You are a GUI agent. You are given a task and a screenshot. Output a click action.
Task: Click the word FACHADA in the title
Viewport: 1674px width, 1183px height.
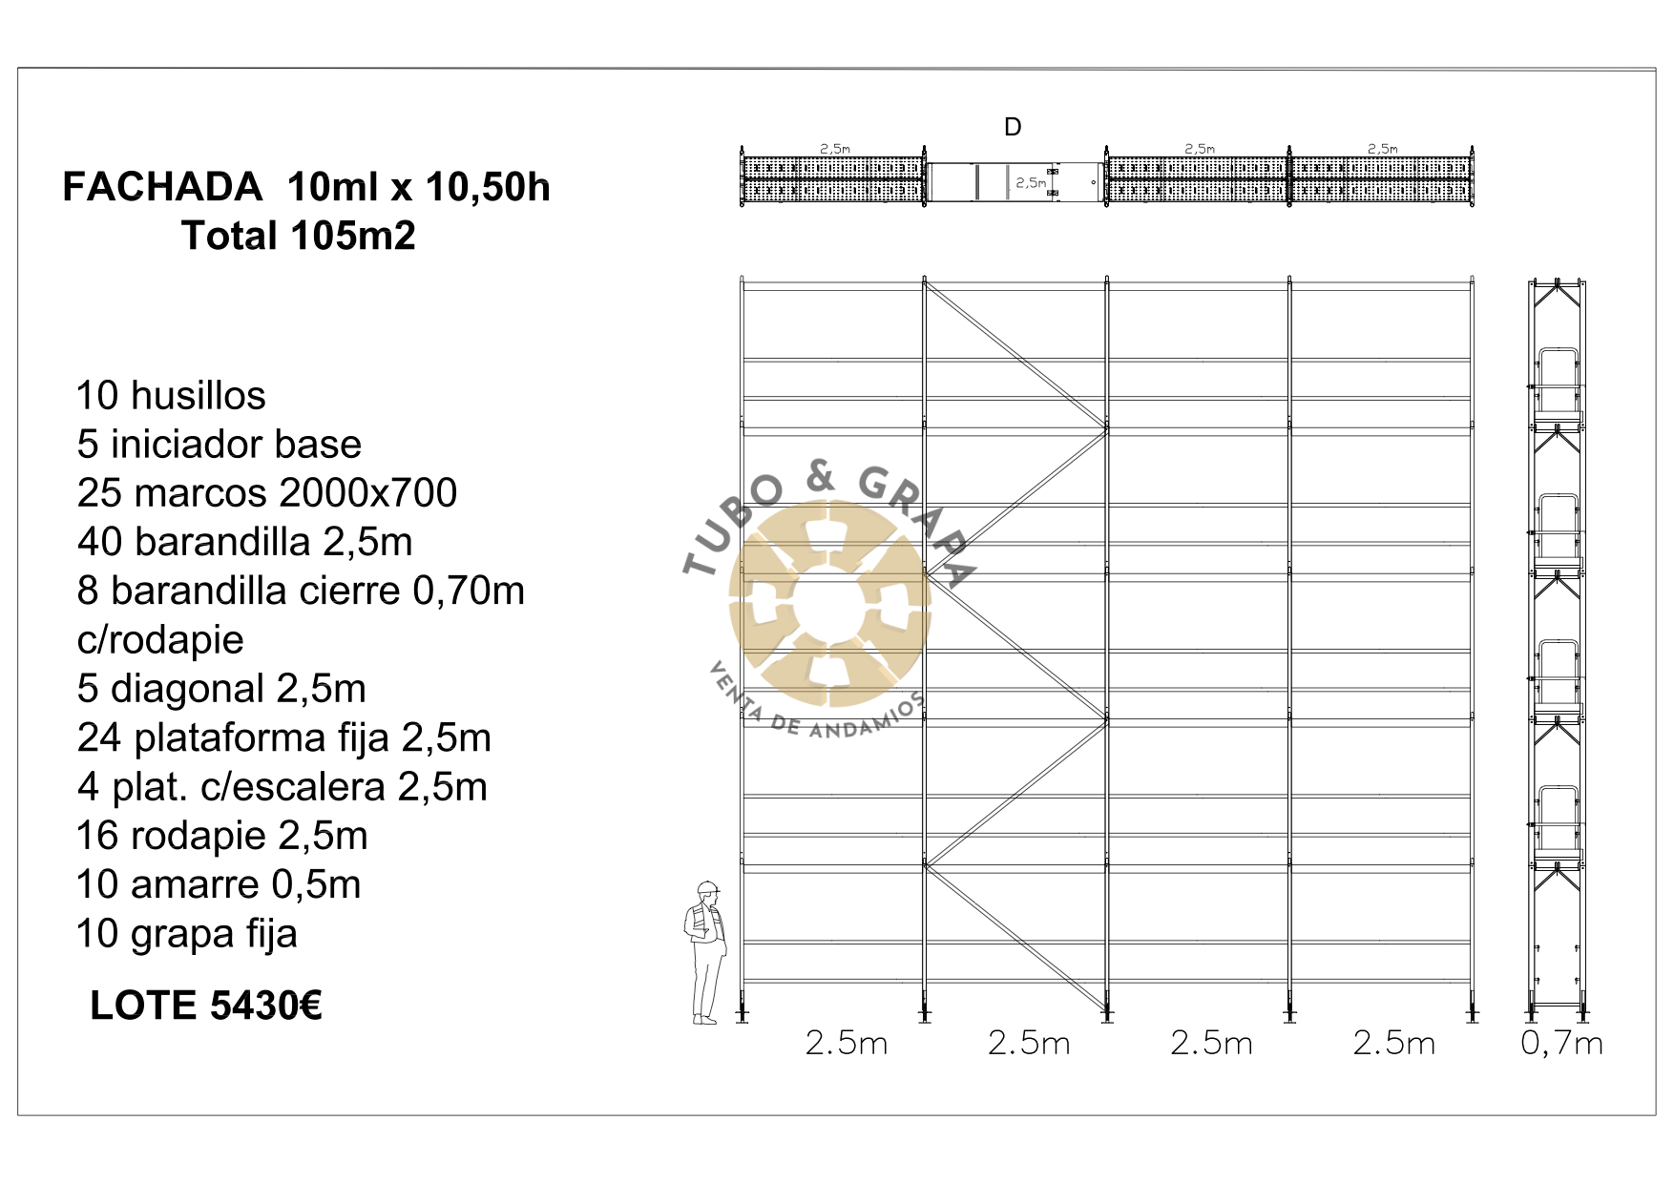coord(162,187)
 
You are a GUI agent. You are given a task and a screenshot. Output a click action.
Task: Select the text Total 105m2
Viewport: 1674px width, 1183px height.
coord(299,236)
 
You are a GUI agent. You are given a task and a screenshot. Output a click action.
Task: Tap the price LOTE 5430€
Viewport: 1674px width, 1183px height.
coord(206,1006)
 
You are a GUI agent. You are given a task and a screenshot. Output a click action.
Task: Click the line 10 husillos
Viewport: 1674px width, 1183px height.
coord(171,395)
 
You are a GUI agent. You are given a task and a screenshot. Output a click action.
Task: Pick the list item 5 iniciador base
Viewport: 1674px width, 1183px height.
coord(220,444)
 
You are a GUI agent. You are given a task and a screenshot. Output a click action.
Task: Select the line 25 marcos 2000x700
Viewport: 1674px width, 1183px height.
coord(267,492)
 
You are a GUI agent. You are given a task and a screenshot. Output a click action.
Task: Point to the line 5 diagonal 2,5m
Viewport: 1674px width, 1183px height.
coord(221,689)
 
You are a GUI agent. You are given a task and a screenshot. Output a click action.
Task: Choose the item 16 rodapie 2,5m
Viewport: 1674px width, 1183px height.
coord(222,836)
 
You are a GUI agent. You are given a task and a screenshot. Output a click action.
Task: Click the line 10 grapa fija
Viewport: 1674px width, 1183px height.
coord(187,934)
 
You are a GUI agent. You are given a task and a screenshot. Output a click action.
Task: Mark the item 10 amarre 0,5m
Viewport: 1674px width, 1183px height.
coord(219,884)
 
